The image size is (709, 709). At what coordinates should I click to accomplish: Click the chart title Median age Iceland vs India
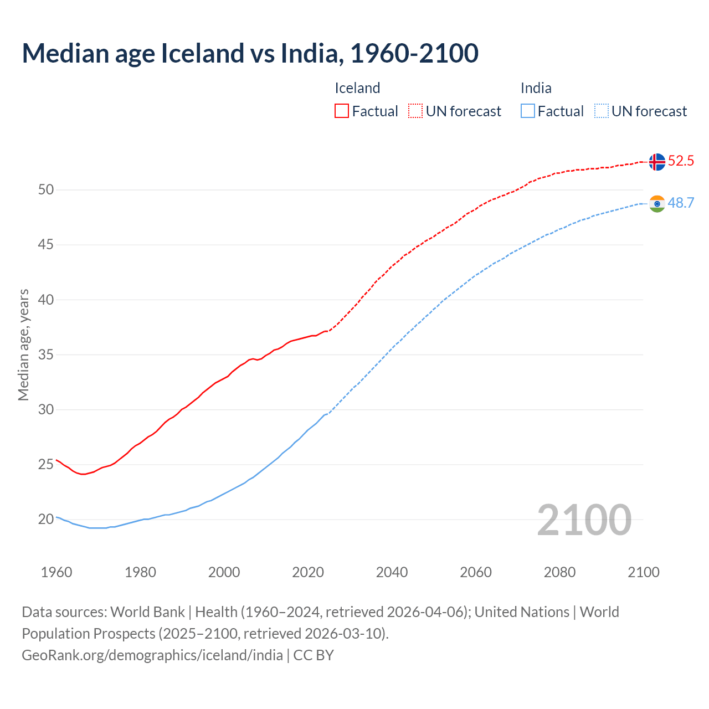click(250, 53)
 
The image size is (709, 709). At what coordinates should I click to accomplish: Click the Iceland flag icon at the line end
click(657, 162)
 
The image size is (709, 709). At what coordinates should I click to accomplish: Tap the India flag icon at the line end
click(657, 204)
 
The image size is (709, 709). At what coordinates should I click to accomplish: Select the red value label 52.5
click(681, 161)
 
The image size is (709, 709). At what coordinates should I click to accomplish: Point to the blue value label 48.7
click(681, 203)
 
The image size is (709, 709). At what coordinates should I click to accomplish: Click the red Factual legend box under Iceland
click(342, 111)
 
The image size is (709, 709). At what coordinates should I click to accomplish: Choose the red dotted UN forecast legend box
click(415, 111)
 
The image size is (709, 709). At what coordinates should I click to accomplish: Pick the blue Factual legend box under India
click(528, 111)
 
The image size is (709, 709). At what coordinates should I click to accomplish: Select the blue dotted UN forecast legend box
click(601, 111)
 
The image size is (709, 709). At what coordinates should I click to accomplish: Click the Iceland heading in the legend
click(357, 88)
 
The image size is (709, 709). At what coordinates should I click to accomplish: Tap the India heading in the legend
click(536, 88)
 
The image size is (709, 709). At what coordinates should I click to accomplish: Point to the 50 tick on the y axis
click(46, 190)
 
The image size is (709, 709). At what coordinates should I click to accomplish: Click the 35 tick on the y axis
click(46, 354)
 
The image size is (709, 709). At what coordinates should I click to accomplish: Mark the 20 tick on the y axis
click(46, 520)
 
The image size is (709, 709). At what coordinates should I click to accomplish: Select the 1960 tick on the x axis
click(56, 572)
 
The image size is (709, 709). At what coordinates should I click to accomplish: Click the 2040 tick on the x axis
click(392, 572)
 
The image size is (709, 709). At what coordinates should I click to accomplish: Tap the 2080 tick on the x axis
click(559, 572)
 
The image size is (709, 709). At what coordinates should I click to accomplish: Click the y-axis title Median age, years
click(23, 345)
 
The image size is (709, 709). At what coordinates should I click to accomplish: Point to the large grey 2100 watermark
click(584, 520)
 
